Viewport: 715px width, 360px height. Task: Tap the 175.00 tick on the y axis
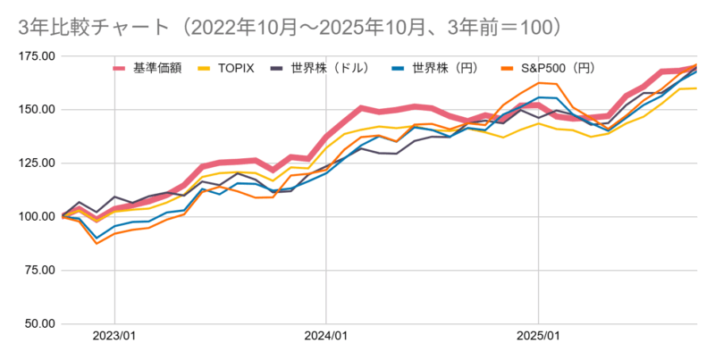tap(37, 56)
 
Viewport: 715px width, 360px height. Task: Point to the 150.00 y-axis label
tap(37, 110)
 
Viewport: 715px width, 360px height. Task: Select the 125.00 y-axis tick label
tap(37, 163)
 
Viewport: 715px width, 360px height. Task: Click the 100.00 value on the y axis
tap(37, 217)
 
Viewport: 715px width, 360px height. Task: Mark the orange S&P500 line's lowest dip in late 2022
tap(97, 243)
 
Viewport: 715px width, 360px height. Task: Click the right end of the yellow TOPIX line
tap(696, 88)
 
